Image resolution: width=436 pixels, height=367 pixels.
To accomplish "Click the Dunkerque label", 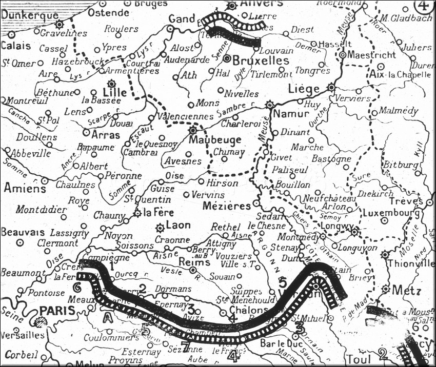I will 29,15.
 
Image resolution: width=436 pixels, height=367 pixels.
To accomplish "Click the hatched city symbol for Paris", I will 39,321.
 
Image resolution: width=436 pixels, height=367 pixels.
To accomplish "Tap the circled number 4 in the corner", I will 423,6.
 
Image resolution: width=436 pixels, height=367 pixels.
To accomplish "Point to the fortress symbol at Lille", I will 111,84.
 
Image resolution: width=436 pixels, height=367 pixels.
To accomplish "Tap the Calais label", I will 15,46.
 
